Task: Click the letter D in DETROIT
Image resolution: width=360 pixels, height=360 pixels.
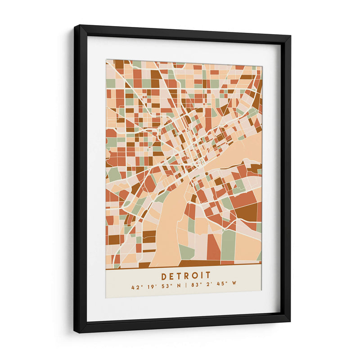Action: point(164,276)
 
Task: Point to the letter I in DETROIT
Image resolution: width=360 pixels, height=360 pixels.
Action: point(201,276)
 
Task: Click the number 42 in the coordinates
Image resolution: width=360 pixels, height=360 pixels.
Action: point(135,287)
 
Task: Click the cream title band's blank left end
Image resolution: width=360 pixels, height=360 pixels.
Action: point(117,281)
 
